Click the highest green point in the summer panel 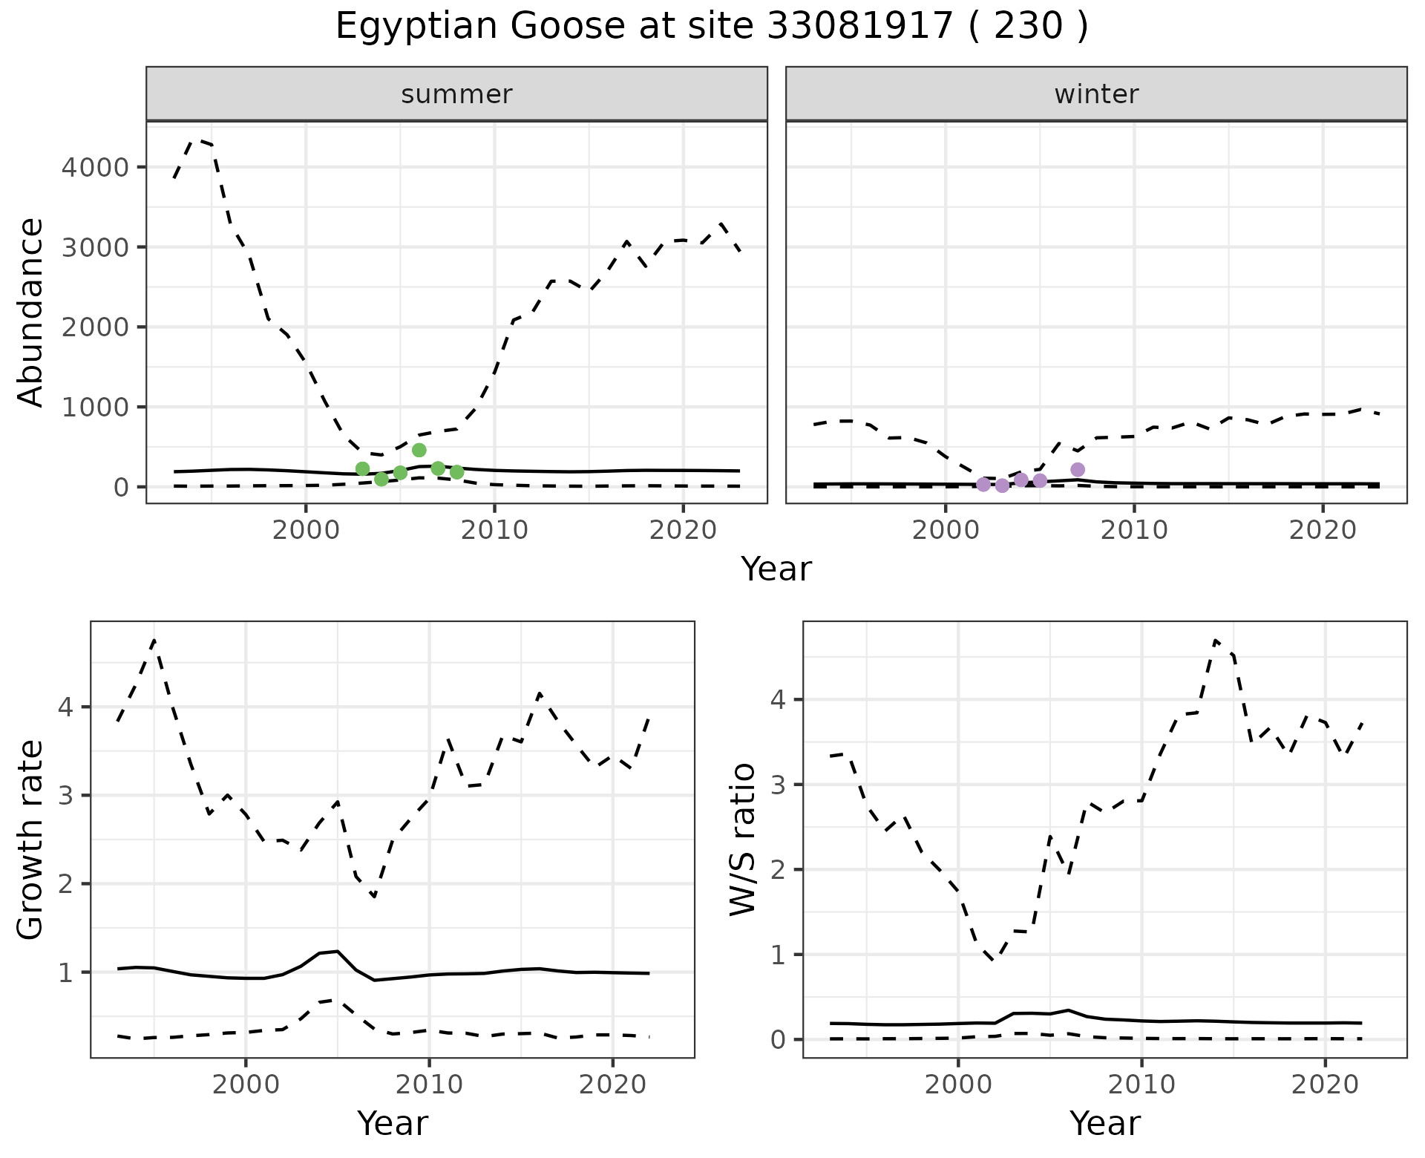tap(419, 450)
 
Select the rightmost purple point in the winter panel tap(1078, 469)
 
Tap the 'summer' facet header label tap(456, 94)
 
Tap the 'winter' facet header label tap(1096, 94)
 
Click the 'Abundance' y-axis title tap(30, 312)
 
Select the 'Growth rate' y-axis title tap(30, 840)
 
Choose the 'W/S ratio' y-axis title tap(743, 840)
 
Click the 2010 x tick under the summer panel tap(494, 530)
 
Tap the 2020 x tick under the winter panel tap(1322, 530)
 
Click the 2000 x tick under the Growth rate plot tap(246, 1085)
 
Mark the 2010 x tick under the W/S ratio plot tap(1141, 1085)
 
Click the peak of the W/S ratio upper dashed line tap(1215, 640)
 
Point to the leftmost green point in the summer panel tap(362, 468)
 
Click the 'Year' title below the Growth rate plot tap(393, 1123)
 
